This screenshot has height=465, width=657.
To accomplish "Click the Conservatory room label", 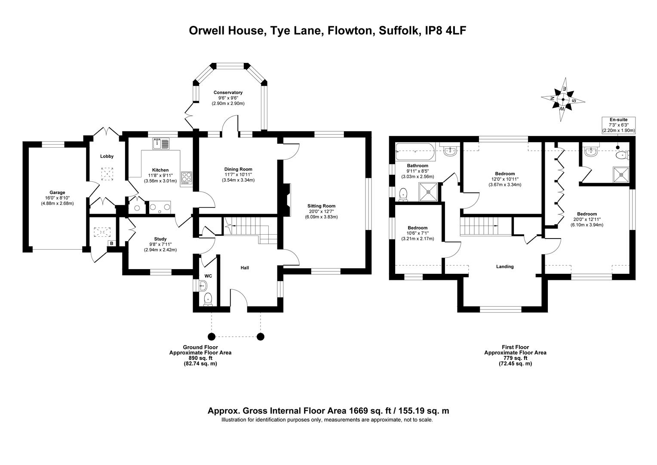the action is [228, 93].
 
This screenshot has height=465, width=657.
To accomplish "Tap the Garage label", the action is [57, 193].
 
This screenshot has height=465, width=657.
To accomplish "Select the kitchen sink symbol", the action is [161, 144].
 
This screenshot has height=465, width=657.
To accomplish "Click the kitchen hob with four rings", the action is [187, 178].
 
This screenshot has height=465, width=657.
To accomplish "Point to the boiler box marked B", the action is [111, 243].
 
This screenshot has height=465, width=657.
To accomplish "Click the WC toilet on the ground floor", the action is [208, 299].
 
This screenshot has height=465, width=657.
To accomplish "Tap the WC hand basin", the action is [203, 285].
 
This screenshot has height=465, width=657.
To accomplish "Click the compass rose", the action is [563, 99].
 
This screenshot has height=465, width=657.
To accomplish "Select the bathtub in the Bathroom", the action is [415, 152].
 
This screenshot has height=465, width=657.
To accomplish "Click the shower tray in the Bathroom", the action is [429, 192].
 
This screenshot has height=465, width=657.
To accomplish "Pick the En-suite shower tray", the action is [621, 175].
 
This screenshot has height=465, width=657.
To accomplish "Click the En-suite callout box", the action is [619, 125].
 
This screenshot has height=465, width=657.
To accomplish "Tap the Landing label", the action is [505, 267].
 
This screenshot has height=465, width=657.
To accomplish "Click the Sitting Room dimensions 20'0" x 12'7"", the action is [321, 211].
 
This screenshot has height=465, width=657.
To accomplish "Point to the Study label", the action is [160, 239].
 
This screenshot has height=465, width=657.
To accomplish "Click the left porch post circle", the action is [212, 337].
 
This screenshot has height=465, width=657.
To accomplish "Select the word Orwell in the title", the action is [207, 31].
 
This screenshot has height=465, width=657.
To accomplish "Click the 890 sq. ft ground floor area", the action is [200, 358].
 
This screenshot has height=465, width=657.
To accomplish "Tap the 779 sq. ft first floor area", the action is [516, 358].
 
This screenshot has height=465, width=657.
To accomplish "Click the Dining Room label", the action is [238, 169].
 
